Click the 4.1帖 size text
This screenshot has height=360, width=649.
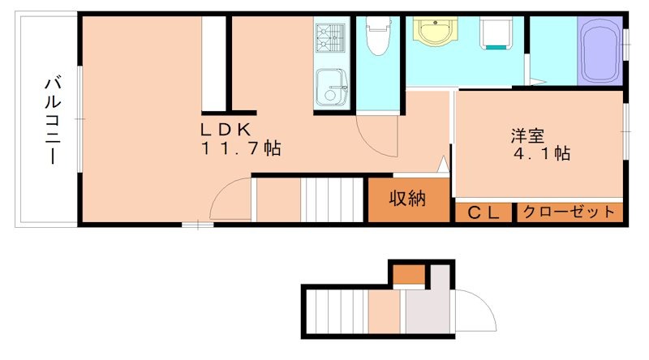pos(540,153)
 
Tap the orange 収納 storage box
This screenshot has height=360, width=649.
pos(407,199)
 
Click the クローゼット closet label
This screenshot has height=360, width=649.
pos(568,212)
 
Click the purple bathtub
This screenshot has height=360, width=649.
pos(600,50)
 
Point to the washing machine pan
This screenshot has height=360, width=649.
pos(496,34)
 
